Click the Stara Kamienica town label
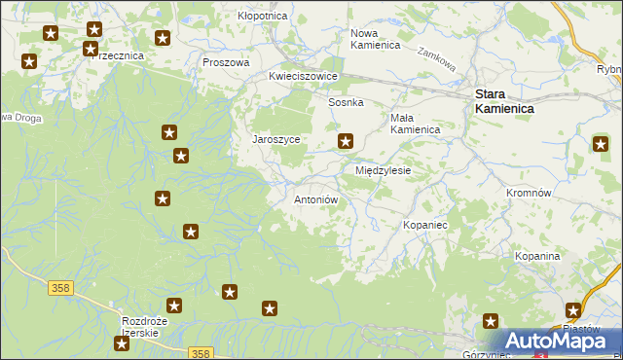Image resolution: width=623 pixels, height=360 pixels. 503,101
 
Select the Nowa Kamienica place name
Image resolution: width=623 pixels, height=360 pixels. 376,39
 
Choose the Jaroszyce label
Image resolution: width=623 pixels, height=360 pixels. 275,139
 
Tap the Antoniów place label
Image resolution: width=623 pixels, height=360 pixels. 315,199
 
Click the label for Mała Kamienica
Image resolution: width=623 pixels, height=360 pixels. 415,123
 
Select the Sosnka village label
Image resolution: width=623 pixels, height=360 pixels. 346,102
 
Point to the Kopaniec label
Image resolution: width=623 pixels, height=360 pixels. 424,225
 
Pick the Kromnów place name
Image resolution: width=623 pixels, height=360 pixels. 530,193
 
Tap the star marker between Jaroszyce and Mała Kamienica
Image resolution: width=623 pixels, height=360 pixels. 345,142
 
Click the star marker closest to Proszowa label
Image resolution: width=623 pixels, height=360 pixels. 163,39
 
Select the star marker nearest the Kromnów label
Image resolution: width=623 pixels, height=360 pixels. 602,145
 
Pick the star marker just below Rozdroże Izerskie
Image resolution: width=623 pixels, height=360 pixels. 122,343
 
